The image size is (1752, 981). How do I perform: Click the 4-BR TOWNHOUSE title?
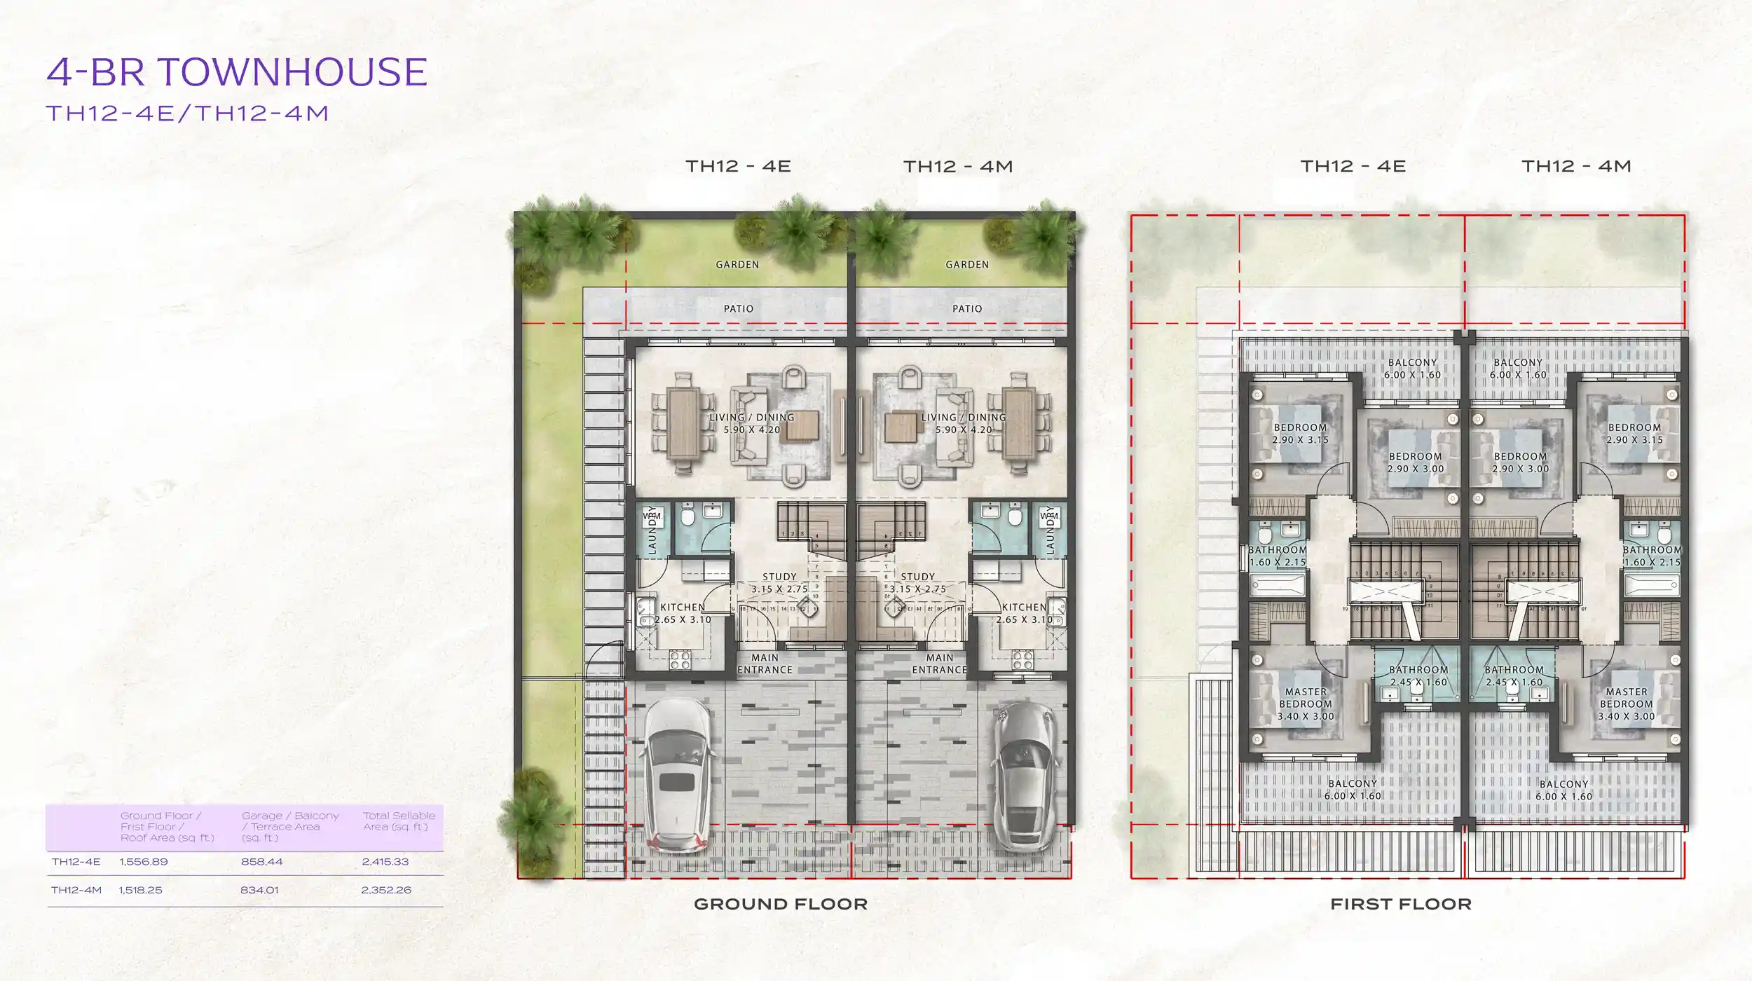[237, 72]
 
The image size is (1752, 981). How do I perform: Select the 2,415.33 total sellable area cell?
[385, 862]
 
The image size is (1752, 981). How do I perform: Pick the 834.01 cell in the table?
[259, 890]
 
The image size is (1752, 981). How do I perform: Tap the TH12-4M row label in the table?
[76, 890]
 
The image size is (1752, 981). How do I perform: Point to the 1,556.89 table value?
[144, 862]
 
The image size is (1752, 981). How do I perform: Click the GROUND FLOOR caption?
[781, 905]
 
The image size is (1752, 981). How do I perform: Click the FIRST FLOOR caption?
[1401, 905]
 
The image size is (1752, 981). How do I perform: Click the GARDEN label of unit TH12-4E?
[737, 265]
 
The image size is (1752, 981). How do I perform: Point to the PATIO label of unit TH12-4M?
[967, 309]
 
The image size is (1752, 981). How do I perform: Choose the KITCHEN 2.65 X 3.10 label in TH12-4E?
[683, 614]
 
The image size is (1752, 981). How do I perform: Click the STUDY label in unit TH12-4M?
[918, 583]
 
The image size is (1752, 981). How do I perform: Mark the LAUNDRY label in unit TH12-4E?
[652, 530]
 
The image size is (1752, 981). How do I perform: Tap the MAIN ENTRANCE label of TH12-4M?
[939, 664]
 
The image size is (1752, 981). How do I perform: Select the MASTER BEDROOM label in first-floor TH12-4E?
[1306, 704]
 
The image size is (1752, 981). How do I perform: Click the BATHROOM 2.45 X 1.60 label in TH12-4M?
[1514, 676]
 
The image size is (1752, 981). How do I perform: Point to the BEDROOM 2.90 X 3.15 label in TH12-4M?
[1634, 434]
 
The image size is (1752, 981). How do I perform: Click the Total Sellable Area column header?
[399, 821]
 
